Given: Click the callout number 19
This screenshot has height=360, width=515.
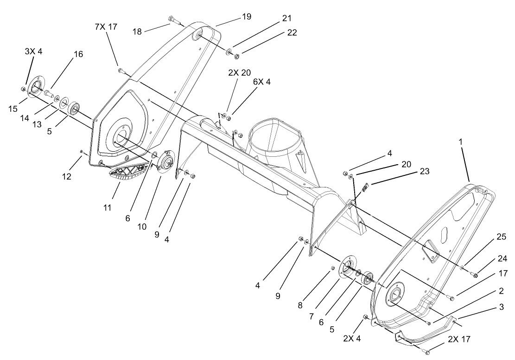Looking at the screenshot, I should (246, 17).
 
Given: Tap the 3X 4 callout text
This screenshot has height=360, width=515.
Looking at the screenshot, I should (33, 51).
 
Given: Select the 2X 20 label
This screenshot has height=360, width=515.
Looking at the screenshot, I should (239, 73).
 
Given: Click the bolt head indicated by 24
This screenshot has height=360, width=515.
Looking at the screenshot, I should (475, 276).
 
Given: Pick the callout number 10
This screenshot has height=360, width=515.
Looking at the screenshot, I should (142, 227).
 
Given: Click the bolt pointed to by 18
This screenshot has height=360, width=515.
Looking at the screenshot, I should (173, 19).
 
